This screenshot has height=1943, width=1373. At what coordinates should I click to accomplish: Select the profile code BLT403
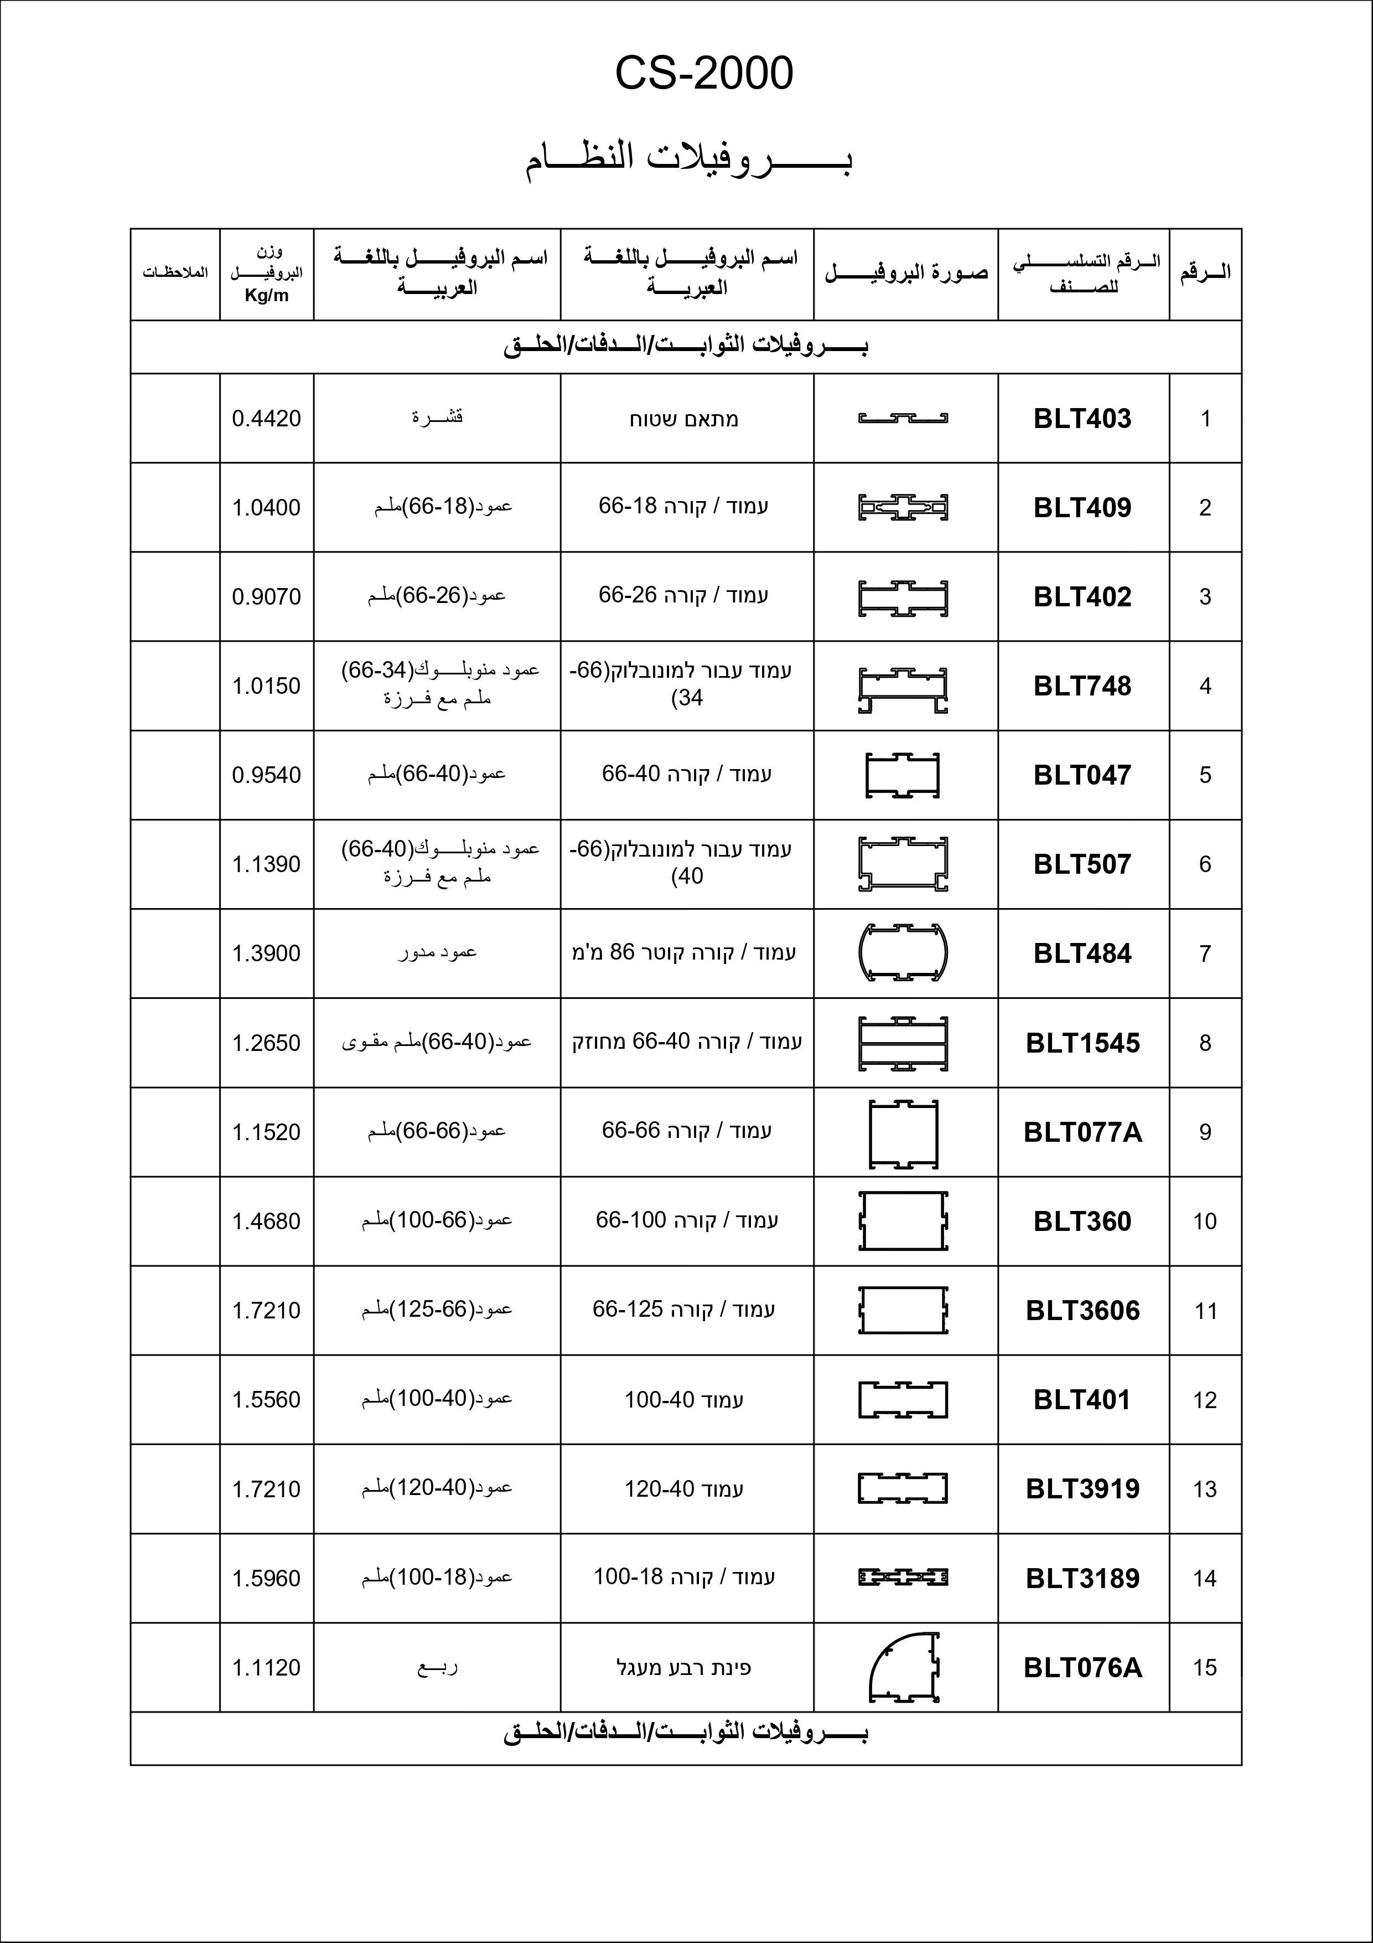[1082, 418]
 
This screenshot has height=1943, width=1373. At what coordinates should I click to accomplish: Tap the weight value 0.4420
[267, 418]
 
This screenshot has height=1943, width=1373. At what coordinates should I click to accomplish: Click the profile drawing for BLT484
[903, 953]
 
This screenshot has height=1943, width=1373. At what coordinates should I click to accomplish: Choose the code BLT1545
[1082, 1043]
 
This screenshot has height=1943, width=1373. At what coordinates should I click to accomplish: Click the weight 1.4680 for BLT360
[267, 1221]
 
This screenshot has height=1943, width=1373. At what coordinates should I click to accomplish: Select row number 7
[1205, 954]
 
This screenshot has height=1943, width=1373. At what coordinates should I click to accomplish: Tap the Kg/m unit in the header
[267, 295]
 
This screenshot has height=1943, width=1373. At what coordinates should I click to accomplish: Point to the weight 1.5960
[267, 1578]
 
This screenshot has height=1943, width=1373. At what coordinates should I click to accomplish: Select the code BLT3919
[1082, 1488]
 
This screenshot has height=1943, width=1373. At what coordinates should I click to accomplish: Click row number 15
[1205, 1667]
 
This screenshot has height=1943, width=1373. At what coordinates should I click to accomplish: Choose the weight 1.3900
[267, 954]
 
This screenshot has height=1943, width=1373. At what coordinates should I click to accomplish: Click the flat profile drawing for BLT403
[903, 418]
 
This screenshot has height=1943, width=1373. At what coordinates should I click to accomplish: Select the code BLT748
[1082, 686]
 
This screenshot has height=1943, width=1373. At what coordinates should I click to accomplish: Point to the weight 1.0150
[267, 686]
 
